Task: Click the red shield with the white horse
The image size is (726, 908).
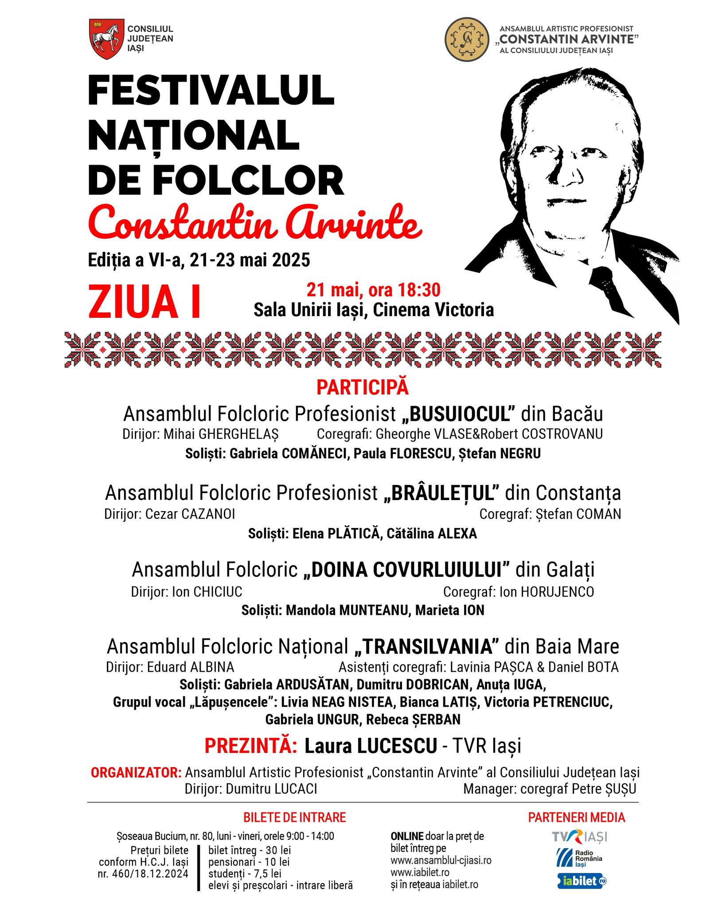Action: [105, 39]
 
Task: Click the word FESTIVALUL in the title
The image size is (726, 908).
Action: [211, 90]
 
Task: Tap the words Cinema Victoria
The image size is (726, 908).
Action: [433, 310]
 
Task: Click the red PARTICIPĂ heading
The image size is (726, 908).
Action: [363, 387]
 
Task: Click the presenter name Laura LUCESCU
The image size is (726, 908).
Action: [371, 746]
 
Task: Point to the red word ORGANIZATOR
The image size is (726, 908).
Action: [136, 772]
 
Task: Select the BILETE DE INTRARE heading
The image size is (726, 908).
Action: [294, 817]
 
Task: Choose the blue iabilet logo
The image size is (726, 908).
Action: [581, 881]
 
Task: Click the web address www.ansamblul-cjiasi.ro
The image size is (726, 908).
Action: [441, 860]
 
